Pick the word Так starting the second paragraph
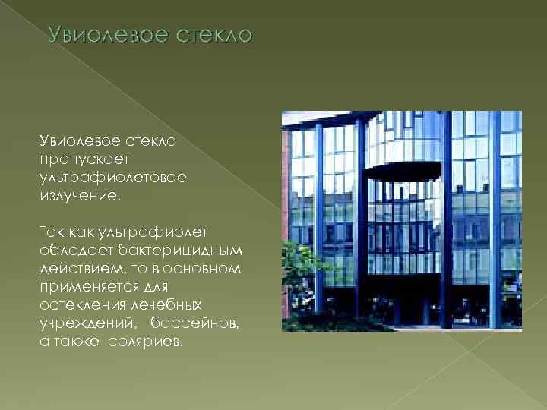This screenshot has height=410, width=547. pyautogui.click(x=54, y=232)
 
